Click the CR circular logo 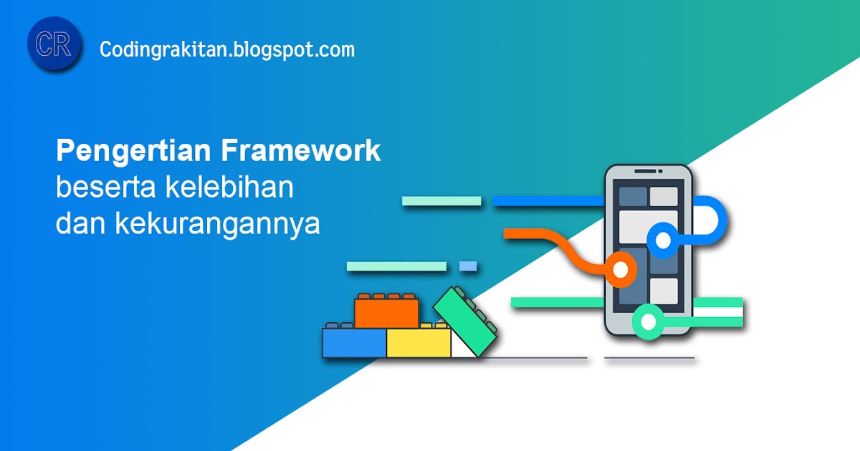click(x=54, y=44)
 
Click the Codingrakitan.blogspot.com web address click(x=227, y=49)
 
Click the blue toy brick click(x=354, y=342)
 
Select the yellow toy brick click(x=419, y=342)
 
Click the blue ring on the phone click(x=663, y=241)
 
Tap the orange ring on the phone click(x=621, y=270)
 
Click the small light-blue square click(x=468, y=266)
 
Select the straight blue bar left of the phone click(x=548, y=201)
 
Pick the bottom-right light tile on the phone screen click(x=664, y=290)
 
